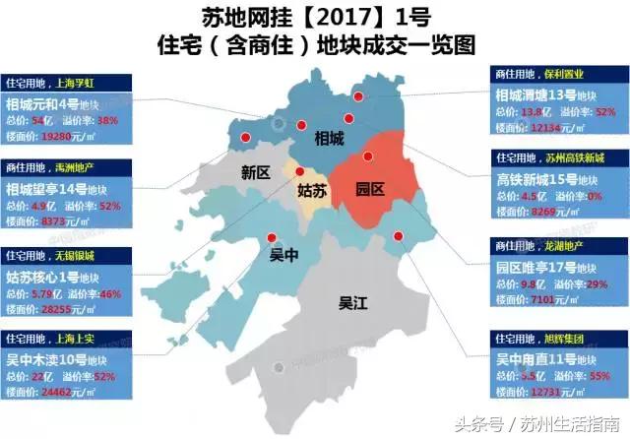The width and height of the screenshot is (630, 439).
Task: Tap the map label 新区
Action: (x=256, y=174)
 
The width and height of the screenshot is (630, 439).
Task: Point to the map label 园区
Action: (x=370, y=189)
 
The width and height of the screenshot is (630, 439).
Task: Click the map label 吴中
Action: (x=284, y=257)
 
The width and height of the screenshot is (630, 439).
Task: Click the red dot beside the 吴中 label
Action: (x=272, y=237)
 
